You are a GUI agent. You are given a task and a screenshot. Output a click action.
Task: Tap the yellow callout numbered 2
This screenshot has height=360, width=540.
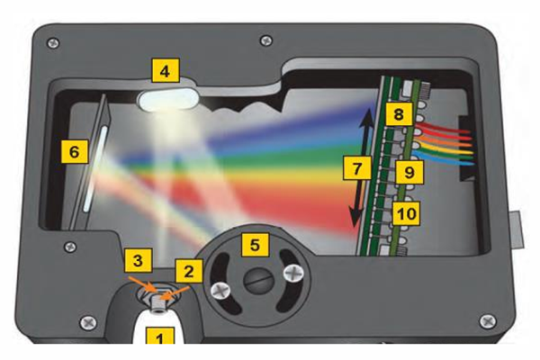click(189, 271)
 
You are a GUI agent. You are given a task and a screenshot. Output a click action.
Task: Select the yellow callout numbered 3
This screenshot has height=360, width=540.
click(138, 260)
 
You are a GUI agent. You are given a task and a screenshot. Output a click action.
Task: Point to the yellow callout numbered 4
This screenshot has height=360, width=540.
click(166, 70)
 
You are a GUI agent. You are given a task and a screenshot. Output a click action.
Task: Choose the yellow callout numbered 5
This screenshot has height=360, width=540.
click(256, 245)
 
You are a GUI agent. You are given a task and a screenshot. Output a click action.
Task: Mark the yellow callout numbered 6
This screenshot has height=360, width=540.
click(74, 151)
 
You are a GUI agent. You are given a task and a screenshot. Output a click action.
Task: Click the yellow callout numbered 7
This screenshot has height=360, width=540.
click(357, 167)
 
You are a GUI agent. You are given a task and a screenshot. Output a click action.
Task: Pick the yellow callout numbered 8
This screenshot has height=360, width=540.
click(399, 114)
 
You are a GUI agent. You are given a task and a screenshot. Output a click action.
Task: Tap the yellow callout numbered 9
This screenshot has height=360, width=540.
click(409, 172)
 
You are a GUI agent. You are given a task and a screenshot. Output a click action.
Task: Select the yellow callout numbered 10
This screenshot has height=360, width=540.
click(407, 213)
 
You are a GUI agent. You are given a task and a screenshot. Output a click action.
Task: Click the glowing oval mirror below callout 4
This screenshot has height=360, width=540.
click(168, 100)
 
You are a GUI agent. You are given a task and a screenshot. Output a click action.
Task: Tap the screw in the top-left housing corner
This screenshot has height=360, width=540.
click(53, 43)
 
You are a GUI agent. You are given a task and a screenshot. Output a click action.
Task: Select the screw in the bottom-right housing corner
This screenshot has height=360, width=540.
click(488, 321)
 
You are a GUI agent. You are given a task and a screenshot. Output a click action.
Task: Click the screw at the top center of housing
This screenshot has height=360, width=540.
click(265, 40)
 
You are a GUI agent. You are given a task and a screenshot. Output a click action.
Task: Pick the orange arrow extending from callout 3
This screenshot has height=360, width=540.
click(141, 283)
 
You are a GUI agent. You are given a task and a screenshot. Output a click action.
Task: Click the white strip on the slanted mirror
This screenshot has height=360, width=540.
click(94, 169)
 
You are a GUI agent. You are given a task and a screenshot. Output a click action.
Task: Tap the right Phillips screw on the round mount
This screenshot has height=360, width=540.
click(293, 274)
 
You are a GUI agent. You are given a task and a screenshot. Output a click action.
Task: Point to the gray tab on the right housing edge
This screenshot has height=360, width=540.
click(517, 230)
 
